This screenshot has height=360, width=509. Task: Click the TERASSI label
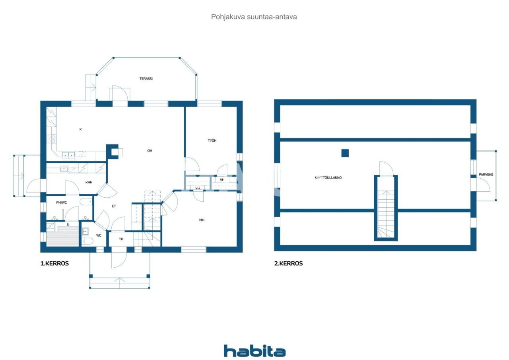pyautogui.click(x=146, y=79)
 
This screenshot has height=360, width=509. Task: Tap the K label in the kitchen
pyautogui.click(x=80, y=129)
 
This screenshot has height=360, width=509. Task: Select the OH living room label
pyautogui.click(x=150, y=151)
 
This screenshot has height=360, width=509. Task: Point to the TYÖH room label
pyautogui.click(x=212, y=141)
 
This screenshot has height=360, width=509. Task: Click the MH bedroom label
pyautogui.click(x=202, y=220)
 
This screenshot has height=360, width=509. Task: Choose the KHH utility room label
pyautogui.click(x=89, y=182)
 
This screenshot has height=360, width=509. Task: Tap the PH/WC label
pyautogui.click(x=61, y=202)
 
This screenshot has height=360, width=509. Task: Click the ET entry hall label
pyautogui.click(x=114, y=206)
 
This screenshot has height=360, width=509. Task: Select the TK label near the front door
pyautogui.click(x=121, y=239)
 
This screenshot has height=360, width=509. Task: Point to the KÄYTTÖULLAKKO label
pyautogui.click(x=328, y=177)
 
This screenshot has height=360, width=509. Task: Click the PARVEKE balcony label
pyautogui.click(x=486, y=175)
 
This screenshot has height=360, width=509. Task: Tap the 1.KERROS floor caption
pyautogui.click(x=54, y=263)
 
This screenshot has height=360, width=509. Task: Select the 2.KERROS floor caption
pyautogui.click(x=288, y=263)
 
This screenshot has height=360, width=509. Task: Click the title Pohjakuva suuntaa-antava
pyautogui.click(x=254, y=17)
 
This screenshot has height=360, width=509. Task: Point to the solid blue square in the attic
pyautogui.click(x=345, y=153)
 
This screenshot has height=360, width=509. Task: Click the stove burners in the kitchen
pyautogui.click(x=52, y=139)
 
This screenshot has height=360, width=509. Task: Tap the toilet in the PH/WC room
pyautogui.click(x=86, y=201)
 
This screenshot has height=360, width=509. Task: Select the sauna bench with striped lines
pyautogui.click(x=62, y=237)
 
